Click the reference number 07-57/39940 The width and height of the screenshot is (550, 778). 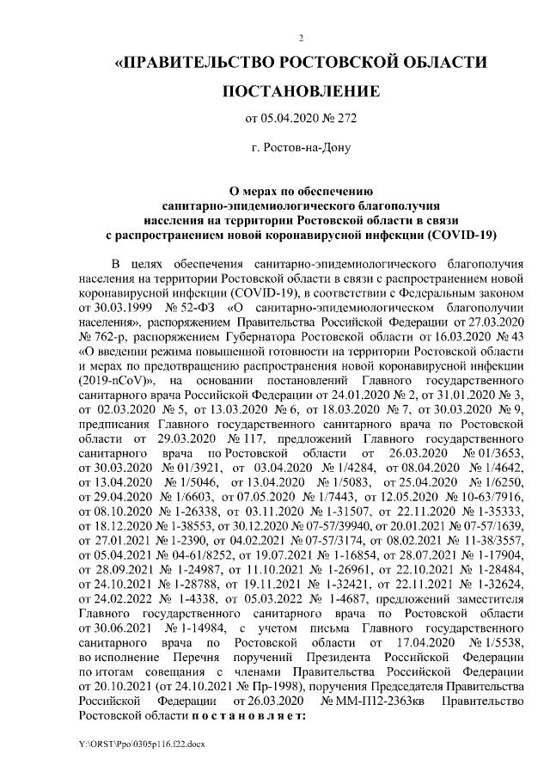click(334, 533)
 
